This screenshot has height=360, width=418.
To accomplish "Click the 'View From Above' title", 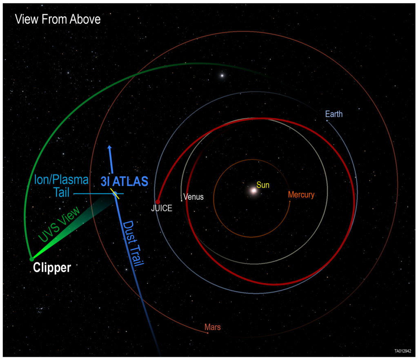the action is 58,19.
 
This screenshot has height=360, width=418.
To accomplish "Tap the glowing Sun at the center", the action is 253,191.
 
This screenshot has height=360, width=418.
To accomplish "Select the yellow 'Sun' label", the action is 263,185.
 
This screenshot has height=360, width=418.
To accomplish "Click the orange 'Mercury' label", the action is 301,195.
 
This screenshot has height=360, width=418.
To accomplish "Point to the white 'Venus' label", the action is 193,197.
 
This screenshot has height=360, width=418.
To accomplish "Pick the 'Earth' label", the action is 334,114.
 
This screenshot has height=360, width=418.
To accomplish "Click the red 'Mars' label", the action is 212,327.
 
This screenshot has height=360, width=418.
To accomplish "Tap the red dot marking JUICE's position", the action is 158,202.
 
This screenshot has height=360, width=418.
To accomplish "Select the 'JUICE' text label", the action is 162,208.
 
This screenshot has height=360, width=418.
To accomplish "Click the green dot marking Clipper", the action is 32,259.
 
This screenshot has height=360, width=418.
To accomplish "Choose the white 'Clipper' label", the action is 52,267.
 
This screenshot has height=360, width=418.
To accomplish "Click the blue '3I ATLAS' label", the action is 124,182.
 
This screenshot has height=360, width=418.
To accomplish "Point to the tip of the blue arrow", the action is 109,146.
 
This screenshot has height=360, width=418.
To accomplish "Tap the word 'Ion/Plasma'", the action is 61,180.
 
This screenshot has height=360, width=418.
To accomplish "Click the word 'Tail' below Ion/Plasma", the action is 62,192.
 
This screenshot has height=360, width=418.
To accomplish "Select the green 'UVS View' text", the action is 59,224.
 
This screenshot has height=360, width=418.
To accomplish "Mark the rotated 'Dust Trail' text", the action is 133,243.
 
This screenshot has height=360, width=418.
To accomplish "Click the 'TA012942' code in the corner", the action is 403,351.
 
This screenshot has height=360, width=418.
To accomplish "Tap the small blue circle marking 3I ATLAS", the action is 115,194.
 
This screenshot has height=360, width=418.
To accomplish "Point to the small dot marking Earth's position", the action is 327,121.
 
